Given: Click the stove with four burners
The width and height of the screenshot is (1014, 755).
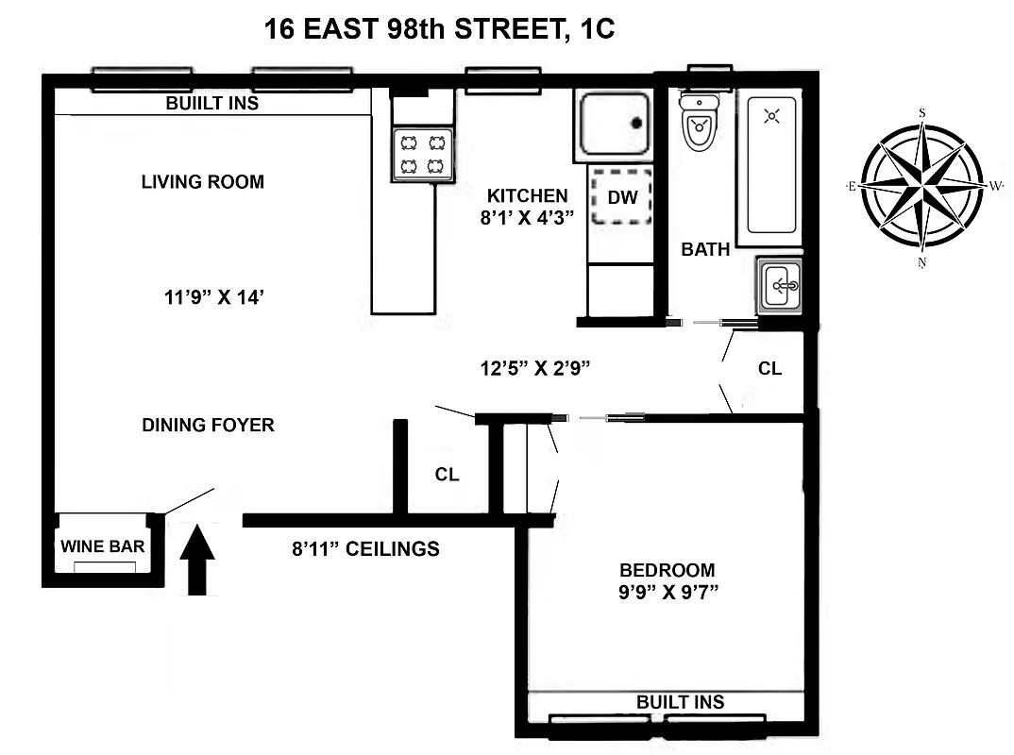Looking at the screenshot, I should pos(423,155).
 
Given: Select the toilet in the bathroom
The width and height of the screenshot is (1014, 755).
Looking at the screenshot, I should pos(700,126).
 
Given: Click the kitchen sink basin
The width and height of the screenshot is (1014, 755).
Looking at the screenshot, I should pos(615,124).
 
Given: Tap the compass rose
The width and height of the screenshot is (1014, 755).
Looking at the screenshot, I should pos(921,187).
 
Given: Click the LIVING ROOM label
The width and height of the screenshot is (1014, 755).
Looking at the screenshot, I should pos(202,181).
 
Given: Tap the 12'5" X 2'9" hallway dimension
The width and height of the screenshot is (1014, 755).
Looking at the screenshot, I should pos(534,367).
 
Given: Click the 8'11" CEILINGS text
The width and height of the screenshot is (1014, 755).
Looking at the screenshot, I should pos(366,548).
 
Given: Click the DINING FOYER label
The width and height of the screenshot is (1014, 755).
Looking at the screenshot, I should pos(208,425).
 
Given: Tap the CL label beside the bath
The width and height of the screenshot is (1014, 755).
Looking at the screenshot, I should pos(769,368).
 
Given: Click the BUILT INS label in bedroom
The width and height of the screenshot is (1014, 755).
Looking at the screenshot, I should pos(680,702).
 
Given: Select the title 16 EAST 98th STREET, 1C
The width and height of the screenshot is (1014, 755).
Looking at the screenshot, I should pos(439,29).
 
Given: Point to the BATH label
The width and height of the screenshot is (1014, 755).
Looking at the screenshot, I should pos(705,249).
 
